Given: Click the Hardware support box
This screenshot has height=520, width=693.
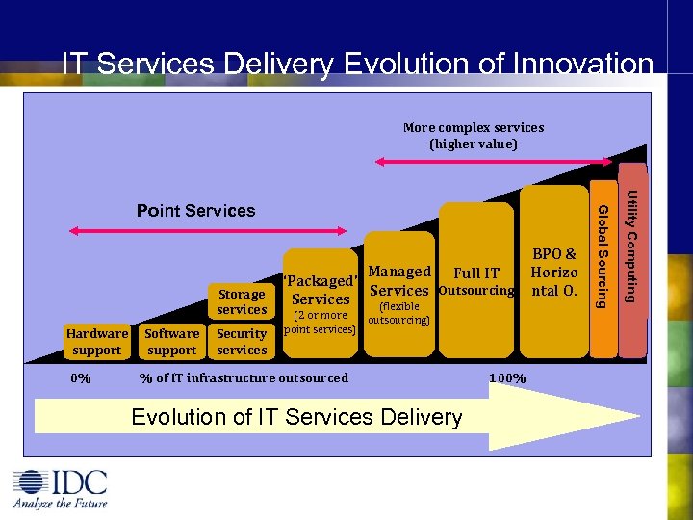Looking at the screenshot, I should (97, 342).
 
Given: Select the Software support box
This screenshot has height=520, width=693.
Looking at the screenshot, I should (172, 342).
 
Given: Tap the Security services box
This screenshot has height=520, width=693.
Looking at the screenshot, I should (242, 342).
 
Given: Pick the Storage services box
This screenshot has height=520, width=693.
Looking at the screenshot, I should (242, 301).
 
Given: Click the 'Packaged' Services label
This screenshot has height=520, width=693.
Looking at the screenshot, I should (321, 290).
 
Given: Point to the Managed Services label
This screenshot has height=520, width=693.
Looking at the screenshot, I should (398, 281).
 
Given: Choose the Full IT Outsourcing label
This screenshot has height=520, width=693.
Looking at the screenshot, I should (476, 282).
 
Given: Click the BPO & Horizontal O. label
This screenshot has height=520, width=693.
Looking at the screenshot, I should (554, 273).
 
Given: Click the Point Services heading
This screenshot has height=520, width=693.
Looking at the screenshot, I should (195, 211).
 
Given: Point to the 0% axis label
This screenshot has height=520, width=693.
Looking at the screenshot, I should (82, 378).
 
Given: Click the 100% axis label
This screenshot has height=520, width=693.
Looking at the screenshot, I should (506, 378).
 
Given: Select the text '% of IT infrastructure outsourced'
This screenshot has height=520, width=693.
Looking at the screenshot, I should (244, 377).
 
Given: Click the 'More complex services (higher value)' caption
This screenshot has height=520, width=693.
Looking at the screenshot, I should (473, 136).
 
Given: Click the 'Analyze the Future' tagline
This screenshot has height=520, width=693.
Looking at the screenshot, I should (60, 503).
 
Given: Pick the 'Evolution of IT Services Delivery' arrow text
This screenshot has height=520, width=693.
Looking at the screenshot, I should (296, 417).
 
